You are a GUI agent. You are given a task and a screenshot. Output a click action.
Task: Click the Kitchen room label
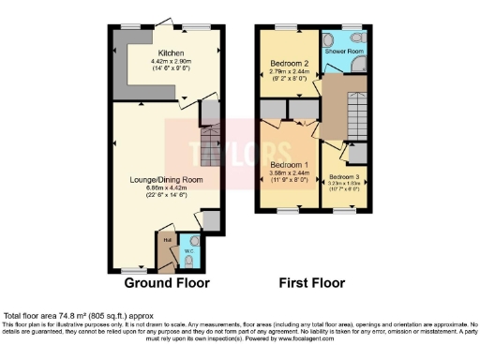171,53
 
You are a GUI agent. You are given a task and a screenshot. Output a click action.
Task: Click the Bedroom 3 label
344,175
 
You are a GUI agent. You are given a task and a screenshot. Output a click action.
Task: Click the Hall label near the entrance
166,240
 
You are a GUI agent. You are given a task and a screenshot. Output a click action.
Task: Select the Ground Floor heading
167,282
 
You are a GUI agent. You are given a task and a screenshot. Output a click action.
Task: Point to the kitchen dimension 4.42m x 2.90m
171,63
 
